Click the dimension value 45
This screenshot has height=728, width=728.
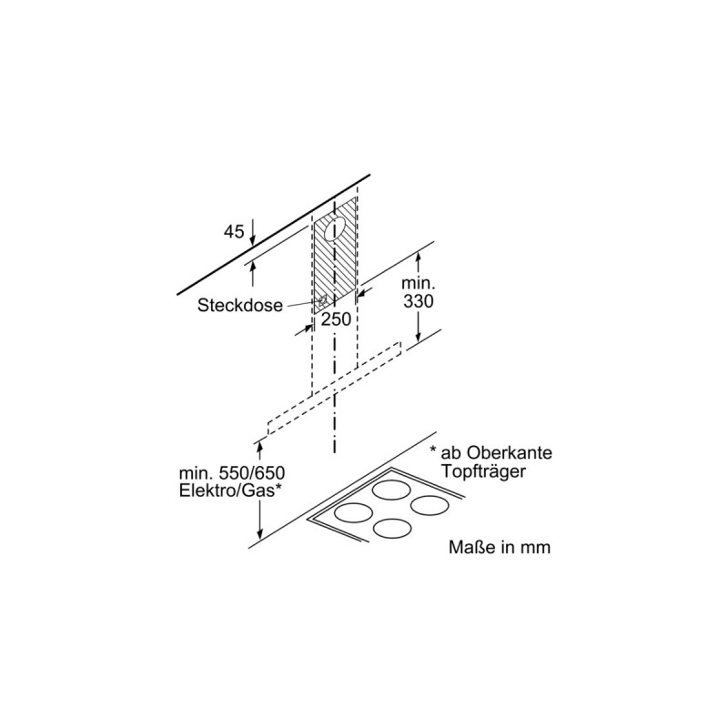coord(234,232)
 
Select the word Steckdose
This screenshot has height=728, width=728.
coord(239,307)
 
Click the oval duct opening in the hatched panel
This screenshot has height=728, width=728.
coord(335,227)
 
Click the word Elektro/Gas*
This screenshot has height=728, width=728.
coord(229,492)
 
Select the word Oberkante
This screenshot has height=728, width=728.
coord(511,453)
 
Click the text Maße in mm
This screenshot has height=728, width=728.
coord(500,548)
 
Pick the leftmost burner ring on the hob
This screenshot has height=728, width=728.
coord(352,512)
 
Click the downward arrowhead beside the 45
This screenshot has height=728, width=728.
coord(253,238)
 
